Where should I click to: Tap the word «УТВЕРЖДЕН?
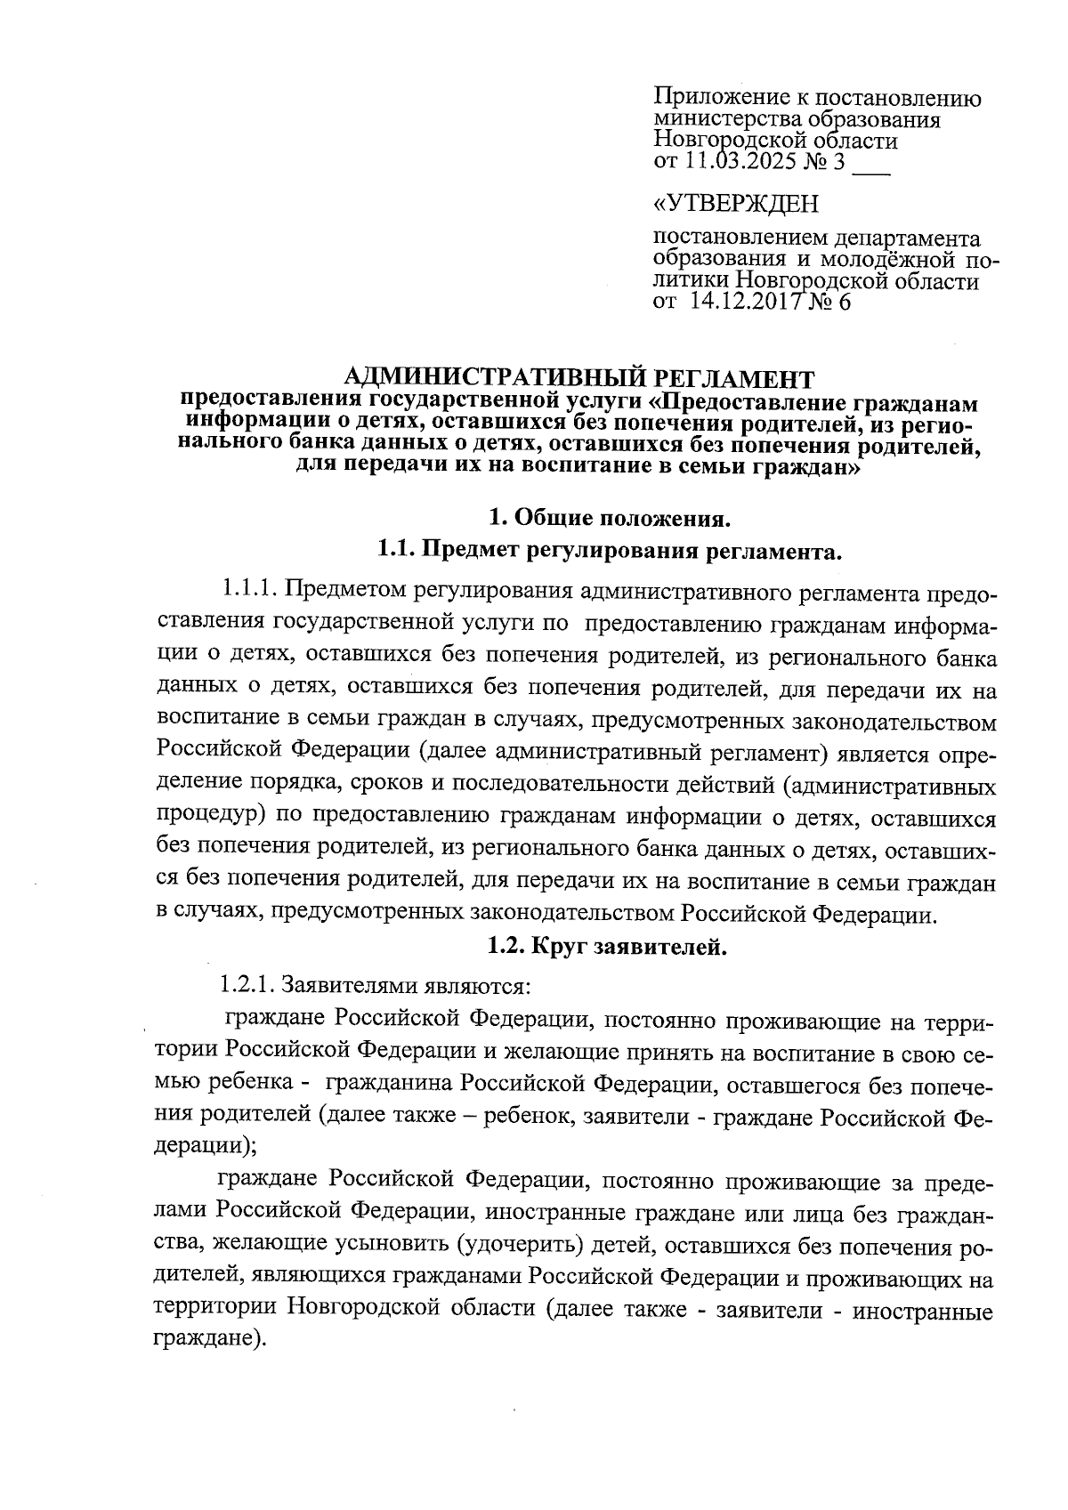[x=735, y=204]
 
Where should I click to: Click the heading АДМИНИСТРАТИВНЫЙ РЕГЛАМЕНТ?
[x=578, y=378]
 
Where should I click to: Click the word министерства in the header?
[x=725, y=119]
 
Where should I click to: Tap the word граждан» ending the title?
[x=812, y=467]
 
